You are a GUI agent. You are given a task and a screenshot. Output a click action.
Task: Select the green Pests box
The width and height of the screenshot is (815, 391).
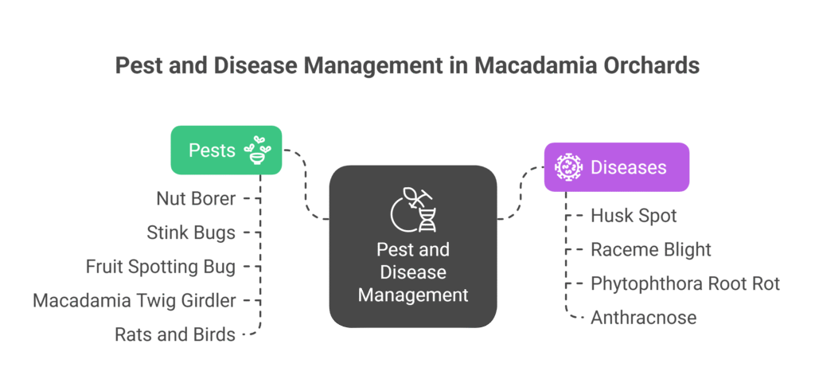[215, 150]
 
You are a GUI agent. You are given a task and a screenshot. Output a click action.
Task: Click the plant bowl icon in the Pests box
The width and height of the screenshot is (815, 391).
[257, 150]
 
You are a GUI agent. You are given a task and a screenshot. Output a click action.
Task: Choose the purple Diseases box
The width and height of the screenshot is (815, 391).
[616, 167]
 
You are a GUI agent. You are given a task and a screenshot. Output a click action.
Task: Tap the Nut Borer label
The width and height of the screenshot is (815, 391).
[196, 198]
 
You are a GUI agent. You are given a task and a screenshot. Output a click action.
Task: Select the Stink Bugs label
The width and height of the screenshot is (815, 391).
[191, 233]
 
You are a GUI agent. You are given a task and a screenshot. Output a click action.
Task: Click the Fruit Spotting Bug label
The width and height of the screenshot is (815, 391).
[161, 267]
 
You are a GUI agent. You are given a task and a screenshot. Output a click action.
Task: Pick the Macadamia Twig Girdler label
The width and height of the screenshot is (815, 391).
[135, 301]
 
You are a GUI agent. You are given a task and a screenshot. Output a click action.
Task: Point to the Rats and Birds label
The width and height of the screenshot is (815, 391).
[175, 334]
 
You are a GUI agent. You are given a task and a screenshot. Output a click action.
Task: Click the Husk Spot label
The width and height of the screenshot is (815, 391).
[634, 215]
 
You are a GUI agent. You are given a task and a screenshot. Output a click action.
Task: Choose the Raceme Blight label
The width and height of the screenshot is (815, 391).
[650, 249]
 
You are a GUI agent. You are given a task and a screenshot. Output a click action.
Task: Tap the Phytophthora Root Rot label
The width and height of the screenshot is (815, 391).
[684, 283]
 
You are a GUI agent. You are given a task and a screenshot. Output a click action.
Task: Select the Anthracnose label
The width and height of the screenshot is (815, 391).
[643, 318]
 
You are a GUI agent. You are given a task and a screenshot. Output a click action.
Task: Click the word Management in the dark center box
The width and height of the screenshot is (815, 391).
[412, 295]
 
